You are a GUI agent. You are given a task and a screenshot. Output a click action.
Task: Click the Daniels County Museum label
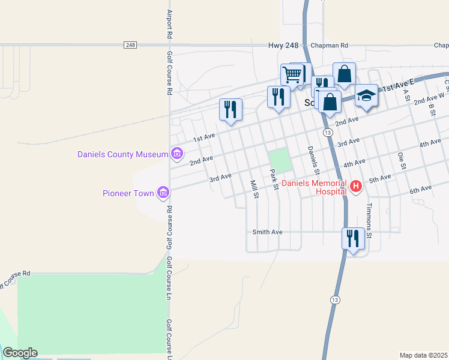coord(122,154)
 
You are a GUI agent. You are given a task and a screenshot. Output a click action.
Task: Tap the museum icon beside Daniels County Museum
coord(177,154)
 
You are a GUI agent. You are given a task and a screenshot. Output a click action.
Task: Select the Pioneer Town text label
coord(128,193)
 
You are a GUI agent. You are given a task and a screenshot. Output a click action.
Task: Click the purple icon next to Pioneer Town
coord(163,193)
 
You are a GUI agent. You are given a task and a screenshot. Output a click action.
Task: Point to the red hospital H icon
coord(356,187)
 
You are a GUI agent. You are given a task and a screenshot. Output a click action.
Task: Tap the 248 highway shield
coord(131,45)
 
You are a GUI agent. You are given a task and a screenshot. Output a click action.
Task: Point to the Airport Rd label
coord(170,24)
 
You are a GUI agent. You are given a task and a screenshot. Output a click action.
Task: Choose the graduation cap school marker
coord(366,95)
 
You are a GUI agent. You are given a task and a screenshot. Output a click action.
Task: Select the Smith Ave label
coord(267,232)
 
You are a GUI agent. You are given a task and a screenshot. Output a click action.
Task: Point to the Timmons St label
coord(370,221)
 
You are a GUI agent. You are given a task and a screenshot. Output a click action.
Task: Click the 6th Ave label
coord(421,189)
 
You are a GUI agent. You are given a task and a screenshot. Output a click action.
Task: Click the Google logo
coord(20,353)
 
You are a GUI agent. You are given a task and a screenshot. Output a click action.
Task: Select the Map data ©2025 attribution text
coord(423,355)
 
